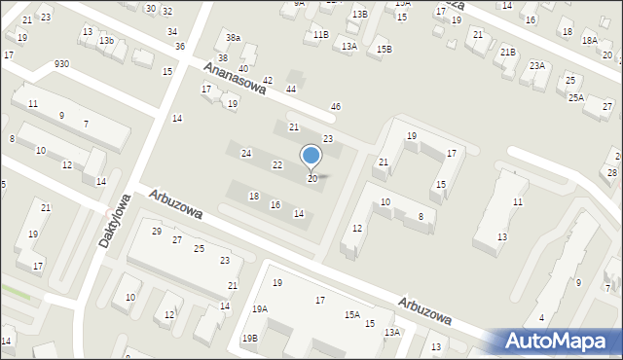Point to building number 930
62,63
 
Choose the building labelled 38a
233,38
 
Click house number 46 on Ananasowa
336,106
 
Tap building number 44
290,89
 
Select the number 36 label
180,46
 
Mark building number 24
247,154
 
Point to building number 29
157,231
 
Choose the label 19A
260,308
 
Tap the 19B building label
250,338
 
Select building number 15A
351,314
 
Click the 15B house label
385,49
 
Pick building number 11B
320,34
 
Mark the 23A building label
536,65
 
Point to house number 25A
576,97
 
